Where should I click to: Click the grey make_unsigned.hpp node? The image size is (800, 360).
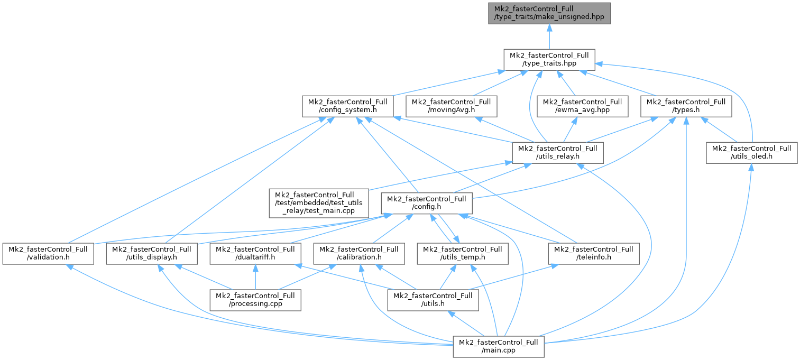click(x=549, y=13)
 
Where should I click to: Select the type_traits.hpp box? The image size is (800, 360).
click(x=549, y=60)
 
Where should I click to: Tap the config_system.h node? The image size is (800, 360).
click(x=347, y=106)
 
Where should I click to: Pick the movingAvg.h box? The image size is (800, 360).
click(x=451, y=106)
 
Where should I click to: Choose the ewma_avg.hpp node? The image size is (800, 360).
click(x=582, y=106)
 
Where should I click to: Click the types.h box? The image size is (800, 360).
click(x=686, y=106)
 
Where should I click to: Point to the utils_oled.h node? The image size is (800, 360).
click(x=751, y=153)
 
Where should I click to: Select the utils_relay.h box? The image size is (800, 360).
click(x=557, y=153)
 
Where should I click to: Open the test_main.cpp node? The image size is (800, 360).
click(x=318, y=203)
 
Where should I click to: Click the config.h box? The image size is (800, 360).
click(x=426, y=203)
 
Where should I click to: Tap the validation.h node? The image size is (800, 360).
click(x=48, y=254)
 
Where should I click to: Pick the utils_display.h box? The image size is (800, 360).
click(x=151, y=254)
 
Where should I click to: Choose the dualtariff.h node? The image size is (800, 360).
click(x=255, y=254)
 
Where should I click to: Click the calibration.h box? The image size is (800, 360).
click(x=358, y=254)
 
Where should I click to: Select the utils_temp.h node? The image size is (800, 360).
click(x=463, y=254)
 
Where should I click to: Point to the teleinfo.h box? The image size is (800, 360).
click(x=594, y=254)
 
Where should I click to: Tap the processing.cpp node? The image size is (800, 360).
click(x=255, y=300)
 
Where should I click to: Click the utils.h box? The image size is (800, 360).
click(x=433, y=300)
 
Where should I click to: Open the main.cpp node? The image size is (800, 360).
click(x=498, y=346)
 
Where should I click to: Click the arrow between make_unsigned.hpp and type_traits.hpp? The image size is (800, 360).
click(x=549, y=37)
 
